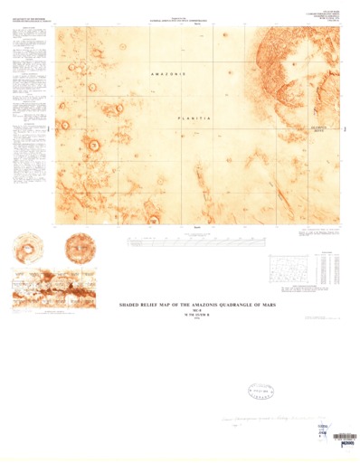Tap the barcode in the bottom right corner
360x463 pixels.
pyautogui.click(x=343, y=438)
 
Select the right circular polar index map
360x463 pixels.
pyautogui.click(x=82, y=247)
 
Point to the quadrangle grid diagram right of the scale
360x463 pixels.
pyautogui.click(x=291, y=267)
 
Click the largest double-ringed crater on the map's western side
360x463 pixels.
pyautogui.click(x=92, y=143)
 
